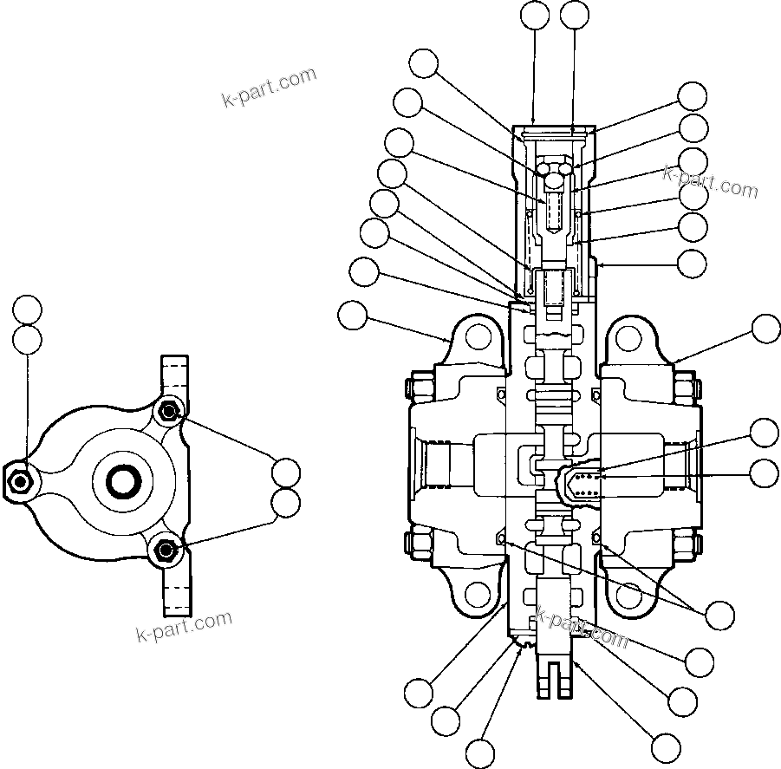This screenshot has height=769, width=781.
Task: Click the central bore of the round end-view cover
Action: pyautogui.click(x=120, y=478)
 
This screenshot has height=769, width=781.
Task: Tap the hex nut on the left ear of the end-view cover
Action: pyautogui.click(x=18, y=479)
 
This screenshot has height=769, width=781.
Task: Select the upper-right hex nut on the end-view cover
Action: pyautogui.click(x=168, y=410)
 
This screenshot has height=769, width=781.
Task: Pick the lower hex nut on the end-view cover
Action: pyautogui.click(x=166, y=548)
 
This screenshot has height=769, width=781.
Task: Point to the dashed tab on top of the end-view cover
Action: pyautogui.click(x=174, y=374)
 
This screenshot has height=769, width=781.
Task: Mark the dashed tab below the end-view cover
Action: pyautogui.click(x=175, y=590)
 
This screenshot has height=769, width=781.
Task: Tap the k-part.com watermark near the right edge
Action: pyautogui.click(x=710, y=182)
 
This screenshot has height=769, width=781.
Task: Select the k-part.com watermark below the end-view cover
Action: pyautogui.click(x=185, y=626)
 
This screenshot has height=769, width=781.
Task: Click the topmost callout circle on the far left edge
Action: pyautogui.click(x=27, y=310)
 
